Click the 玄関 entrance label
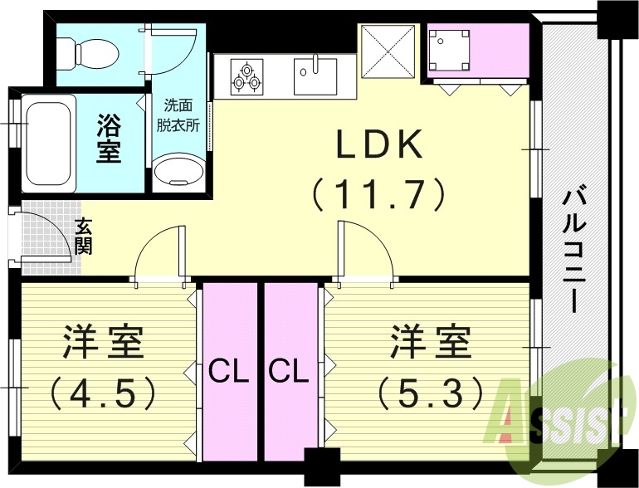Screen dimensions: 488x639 tap(85, 235)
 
